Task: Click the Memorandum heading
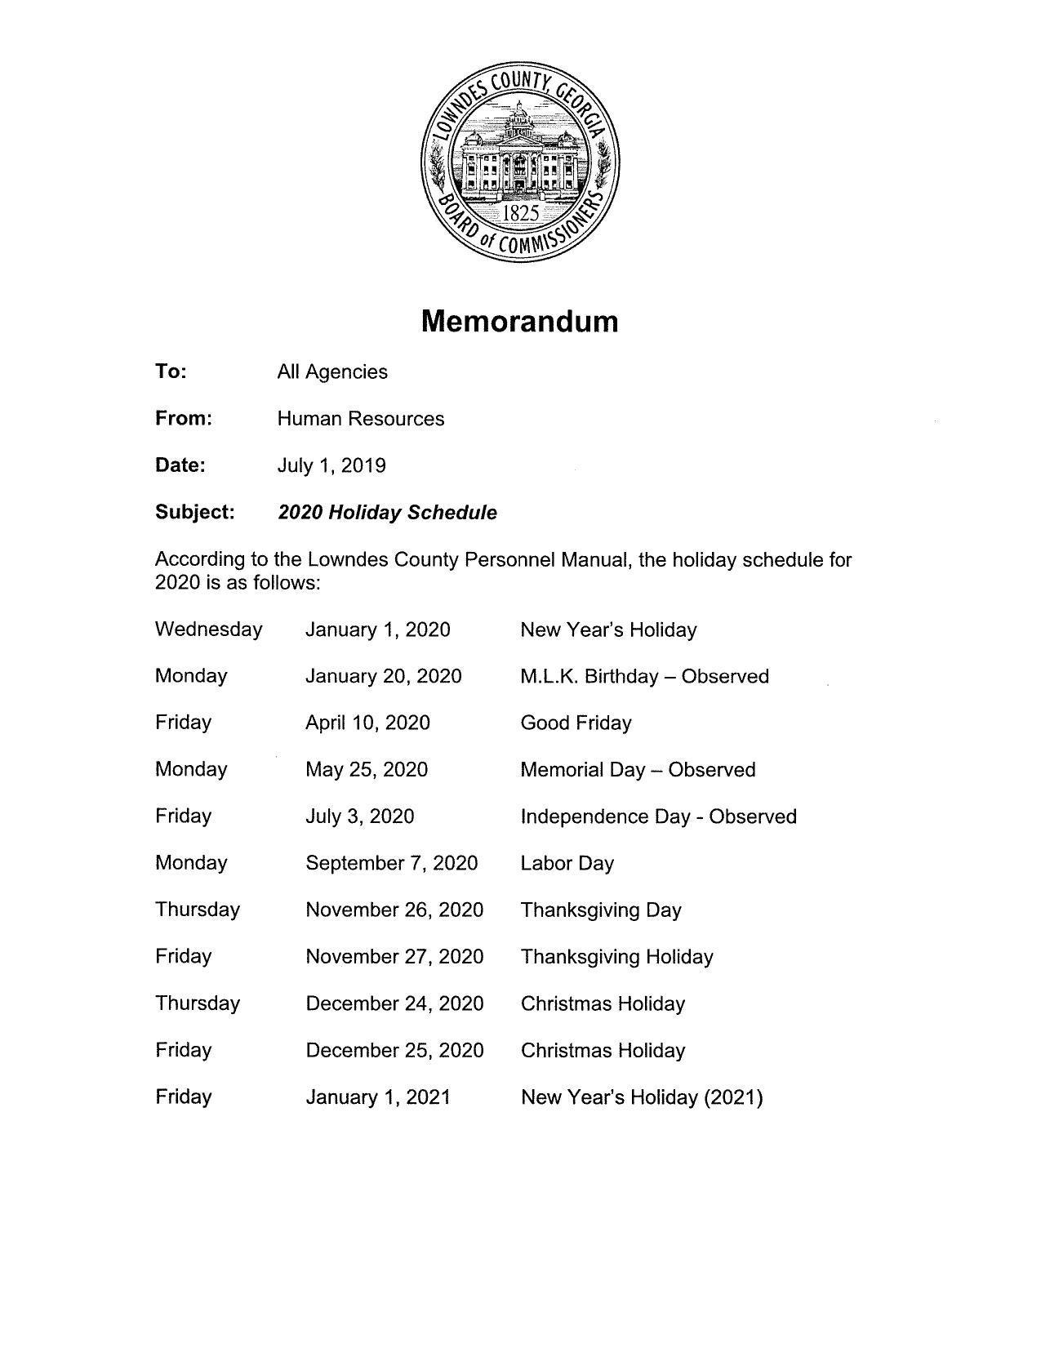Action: tap(519, 321)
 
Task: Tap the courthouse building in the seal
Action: tap(519, 159)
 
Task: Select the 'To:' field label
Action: tap(171, 371)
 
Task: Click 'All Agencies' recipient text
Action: tap(332, 372)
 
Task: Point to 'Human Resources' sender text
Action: tap(361, 419)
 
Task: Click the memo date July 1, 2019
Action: tap(331, 465)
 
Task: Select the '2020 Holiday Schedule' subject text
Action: tap(387, 513)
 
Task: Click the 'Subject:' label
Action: tap(195, 512)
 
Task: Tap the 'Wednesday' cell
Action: tap(209, 630)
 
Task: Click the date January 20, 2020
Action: tap(383, 676)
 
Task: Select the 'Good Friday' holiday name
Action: tap(576, 723)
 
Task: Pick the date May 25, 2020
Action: tap(367, 769)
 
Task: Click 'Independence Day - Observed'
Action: tap(658, 816)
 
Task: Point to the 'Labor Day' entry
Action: tap(567, 863)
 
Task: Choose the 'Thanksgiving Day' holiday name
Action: tap(601, 910)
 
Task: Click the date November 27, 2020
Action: tap(394, 956)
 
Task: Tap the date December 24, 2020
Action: tap(394, 1003)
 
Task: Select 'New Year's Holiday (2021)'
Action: tap(642, 1097)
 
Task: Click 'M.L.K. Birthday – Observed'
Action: tap(644, 676)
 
